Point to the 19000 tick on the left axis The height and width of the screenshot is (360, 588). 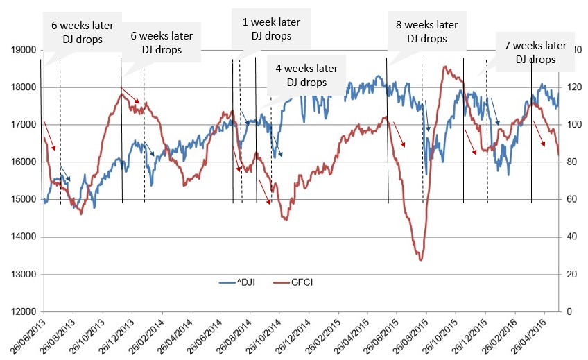coord(23,51)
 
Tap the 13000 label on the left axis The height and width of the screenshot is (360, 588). coord(23,275)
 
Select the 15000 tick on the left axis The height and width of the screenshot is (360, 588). coord(23,200)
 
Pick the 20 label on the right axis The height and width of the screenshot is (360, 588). coord(570,275)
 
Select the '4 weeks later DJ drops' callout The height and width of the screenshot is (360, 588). coord(306,75)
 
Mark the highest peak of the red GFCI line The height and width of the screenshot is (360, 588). coord(444,67)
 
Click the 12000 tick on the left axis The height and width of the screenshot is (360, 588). coord(23,311)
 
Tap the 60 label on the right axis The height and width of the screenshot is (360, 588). coord(570,200)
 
